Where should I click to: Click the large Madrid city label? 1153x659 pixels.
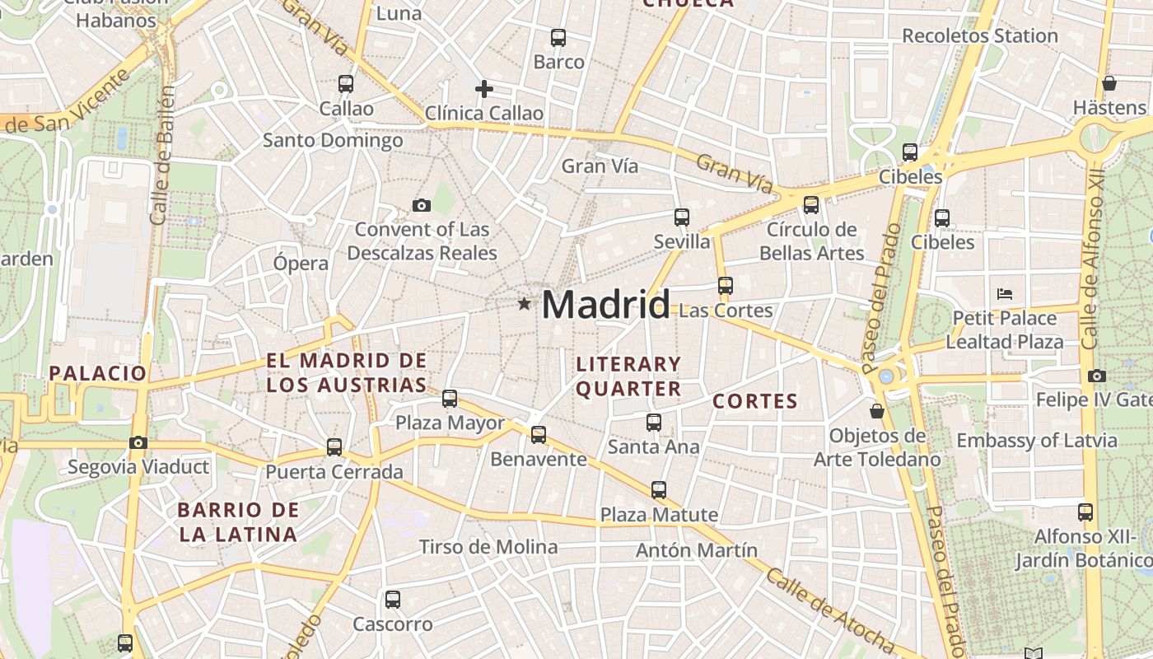tap(605, 305)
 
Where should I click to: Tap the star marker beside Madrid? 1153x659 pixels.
tap(524, 304)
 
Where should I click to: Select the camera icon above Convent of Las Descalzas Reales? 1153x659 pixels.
tap(422, 205)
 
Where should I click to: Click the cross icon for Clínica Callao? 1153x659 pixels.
tap(484, 88)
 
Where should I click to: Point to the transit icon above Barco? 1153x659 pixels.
tap(558, 37)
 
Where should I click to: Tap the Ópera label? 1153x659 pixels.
tap(301, 264)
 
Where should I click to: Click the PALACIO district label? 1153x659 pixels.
tap(97, 373)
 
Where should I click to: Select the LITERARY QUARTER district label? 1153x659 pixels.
tap(628, 376)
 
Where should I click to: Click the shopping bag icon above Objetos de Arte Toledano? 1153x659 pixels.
tap(877, 410)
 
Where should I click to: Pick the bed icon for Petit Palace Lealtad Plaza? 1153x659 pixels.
tap(1004, 293)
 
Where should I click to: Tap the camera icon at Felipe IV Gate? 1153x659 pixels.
tap(1096, 376)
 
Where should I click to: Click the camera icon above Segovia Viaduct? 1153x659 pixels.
tap(138, 442)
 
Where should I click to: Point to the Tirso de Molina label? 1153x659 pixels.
tap(488, 547)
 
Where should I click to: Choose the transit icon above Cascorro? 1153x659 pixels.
tap(393, 599)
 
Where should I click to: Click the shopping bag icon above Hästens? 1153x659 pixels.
tap(1109, 83)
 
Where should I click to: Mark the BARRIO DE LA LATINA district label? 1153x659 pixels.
tap(237, 521)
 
